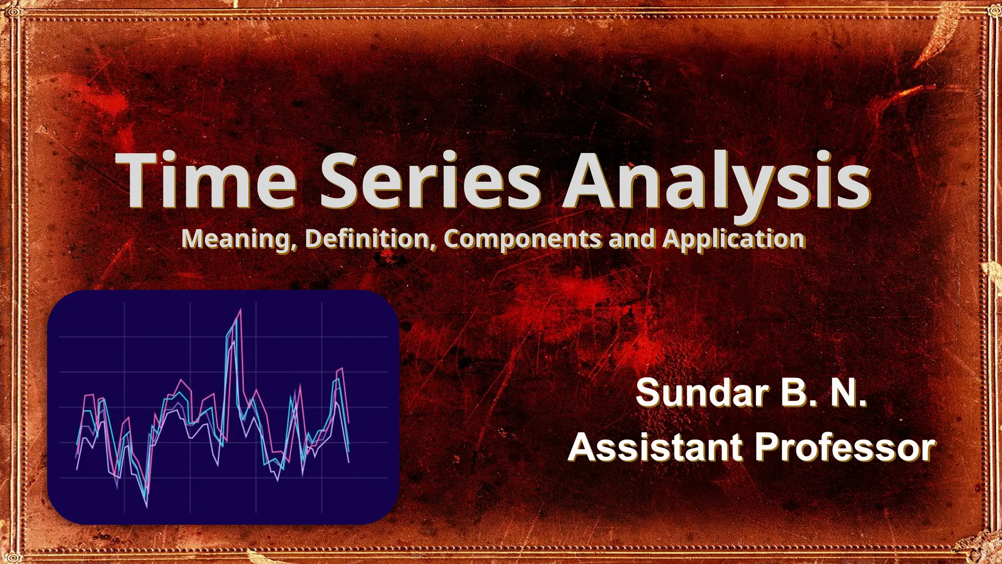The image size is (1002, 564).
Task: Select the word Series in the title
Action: pyautogui.click(x=430, y=180)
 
